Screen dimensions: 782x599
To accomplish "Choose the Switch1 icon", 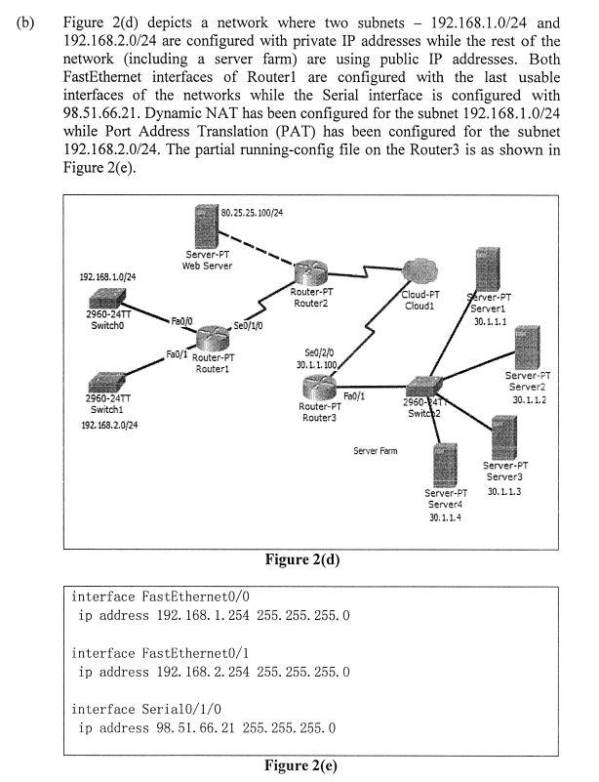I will click(x=103, y=382).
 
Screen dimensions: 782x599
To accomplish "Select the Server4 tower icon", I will click(x=446, y=465).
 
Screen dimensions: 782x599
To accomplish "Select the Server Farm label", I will click(x=376, y=451).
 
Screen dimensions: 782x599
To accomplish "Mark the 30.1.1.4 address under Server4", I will click(x=445, y=517).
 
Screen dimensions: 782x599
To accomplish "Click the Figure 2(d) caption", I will click(x=301, y=559).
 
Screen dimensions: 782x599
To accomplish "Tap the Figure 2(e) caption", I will click(x=301, y=765).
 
